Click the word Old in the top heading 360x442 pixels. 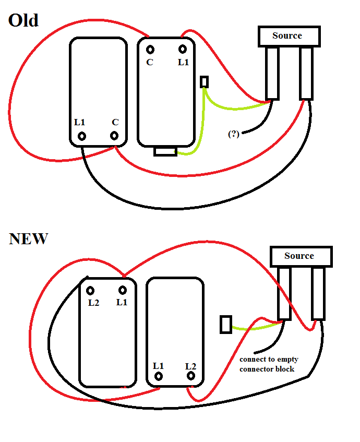pos(23,20)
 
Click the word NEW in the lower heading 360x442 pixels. pos(29,239)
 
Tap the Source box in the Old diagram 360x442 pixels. pos(289,37)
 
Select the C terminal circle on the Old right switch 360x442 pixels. pos(150,50)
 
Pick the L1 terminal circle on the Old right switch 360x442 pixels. pos(183,50)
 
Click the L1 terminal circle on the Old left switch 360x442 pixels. pos(82,136)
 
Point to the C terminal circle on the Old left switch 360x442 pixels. pos(114,136)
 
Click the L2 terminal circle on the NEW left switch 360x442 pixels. pos(90,291)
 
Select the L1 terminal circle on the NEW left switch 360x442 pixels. pos(123,290)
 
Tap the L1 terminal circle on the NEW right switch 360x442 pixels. pos(159,376)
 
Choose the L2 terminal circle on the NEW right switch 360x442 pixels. pos(191,376)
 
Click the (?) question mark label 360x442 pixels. pos(234,134)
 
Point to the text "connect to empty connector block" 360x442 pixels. pos(269,364)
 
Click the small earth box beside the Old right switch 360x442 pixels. pos(205,82)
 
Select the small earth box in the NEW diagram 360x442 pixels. pos(226,325)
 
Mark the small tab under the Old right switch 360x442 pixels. pos(165,152)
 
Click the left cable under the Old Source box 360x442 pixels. pos(272,73)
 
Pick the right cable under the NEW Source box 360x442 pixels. pos(318,294)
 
